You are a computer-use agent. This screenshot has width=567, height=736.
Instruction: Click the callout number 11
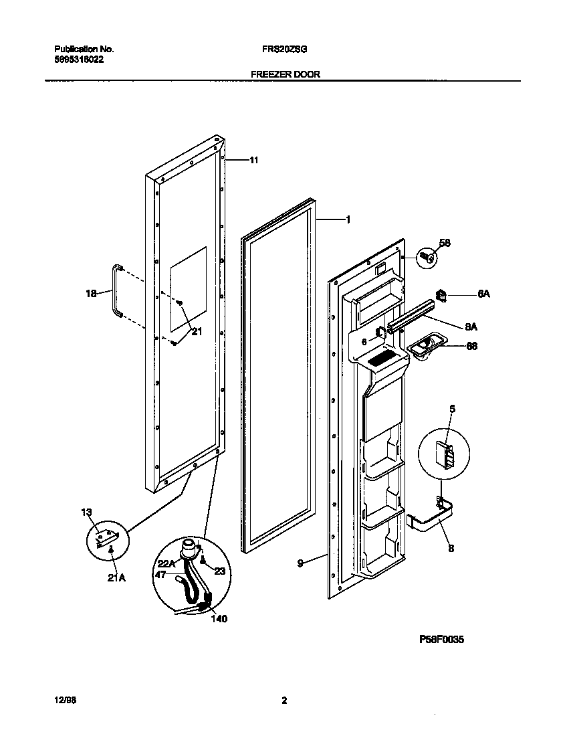pyautogui.click(x=253, y=160)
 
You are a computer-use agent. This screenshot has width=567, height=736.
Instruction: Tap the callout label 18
pyautogui.click(x=92, y=293)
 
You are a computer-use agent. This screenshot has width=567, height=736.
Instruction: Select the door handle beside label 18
pyautogui.click(x=116, y=291)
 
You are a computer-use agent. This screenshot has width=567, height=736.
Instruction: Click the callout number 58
pyautogui.click(x=444, y=243)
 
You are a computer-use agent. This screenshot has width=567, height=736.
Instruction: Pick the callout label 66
pyautogui.click(x=471, y=347)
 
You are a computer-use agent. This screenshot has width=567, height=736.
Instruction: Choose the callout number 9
pyautogui.click(x=301, y=563)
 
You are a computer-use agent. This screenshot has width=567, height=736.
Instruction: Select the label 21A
pyautogui.click(x=116, y=578)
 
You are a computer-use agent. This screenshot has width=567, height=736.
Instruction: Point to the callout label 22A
pyautogui.click(x=166, y=563)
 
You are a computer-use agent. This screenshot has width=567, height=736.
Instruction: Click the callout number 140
pyautogui.click(x=219, y=619)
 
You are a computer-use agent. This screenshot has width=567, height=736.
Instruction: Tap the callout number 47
pyautogui.click(x=160, y=574)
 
